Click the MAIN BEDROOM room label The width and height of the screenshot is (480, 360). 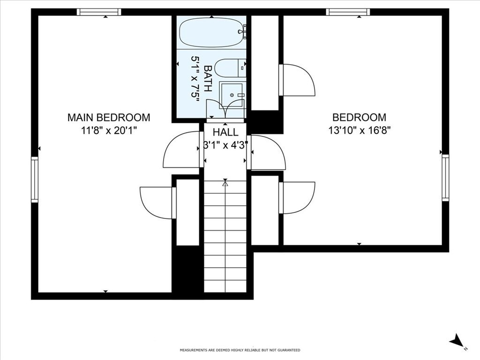pyautogui.click(x=109, y=117)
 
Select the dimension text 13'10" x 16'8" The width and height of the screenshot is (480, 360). pyautogui.click(x=360, y=130)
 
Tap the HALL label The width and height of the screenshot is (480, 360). pyautogui.click(x=225, y=133)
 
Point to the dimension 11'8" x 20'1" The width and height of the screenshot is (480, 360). pyautogui.click(x=109, y=130)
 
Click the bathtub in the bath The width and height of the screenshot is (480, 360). pyautogui.click(x=210, y=32)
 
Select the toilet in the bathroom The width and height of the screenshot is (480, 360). pyautogui.click(x=230, y=68)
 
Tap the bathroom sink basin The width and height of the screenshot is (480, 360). pyautogui.click(x=232, y=95)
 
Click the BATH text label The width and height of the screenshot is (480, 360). pyautogui.click(x=208, y=78)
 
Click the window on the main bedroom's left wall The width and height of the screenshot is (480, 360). pyautogui.click(x=34, y=180)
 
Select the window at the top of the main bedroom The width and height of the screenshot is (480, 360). pyautogui.click(x=99, y=12)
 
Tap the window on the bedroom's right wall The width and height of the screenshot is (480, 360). pyautogui.click(x=445, y=178)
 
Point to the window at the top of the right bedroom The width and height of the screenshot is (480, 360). pyautogui.click(x=348, y=12)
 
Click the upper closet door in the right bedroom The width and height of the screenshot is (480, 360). pyautogui.click(x=297, y=80)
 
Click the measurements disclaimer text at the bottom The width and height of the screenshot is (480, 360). pyautogui.click(x=240, y=350)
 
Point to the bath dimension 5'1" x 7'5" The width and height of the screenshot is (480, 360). pyautogui.click(x=195, y=78)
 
